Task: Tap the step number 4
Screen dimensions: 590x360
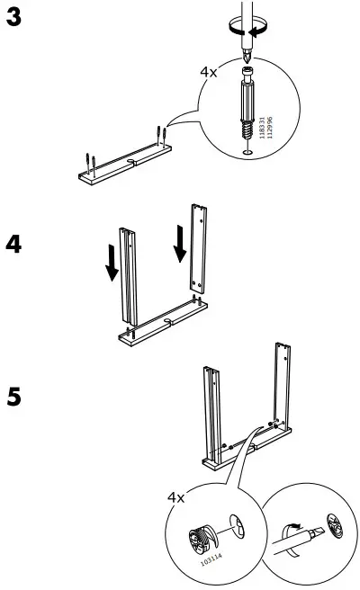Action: click(x=15, y=245)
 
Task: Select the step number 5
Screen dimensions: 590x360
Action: click(x=15, y=397)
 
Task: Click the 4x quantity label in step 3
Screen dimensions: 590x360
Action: click(x=210, y=70)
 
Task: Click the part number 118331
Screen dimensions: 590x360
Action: click(x=262, y=126)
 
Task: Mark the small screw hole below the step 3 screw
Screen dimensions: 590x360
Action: click(x=247, y=152)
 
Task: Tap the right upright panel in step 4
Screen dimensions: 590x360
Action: click(x=197, y=247)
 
